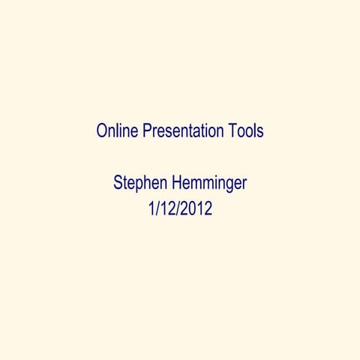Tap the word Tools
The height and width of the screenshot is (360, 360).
246,132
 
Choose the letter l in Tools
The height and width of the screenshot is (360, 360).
253,132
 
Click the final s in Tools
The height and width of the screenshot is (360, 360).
259,133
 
